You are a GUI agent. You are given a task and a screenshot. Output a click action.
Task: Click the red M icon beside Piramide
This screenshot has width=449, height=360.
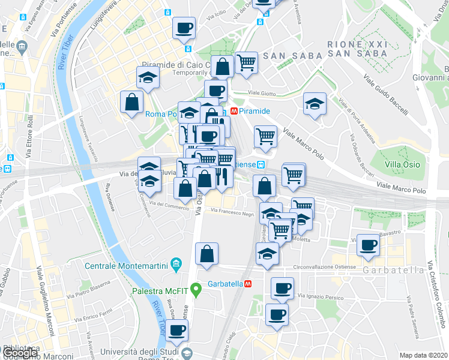(233, 111)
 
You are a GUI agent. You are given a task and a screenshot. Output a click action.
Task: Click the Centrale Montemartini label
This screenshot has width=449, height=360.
(126, 265)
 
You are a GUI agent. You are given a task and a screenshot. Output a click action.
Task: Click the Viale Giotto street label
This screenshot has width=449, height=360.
(262, 93)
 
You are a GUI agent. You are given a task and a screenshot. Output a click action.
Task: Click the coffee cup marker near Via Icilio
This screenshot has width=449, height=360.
(184, 28)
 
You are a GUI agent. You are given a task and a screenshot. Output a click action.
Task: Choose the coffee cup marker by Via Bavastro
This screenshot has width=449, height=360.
(368, 245)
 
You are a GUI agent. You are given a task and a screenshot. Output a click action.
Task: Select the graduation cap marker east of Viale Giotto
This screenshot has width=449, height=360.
(315, 104)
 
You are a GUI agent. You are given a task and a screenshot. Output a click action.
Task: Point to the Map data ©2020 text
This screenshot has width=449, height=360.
(423, 355)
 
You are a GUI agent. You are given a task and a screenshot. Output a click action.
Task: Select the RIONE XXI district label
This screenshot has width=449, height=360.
(358, 44)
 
